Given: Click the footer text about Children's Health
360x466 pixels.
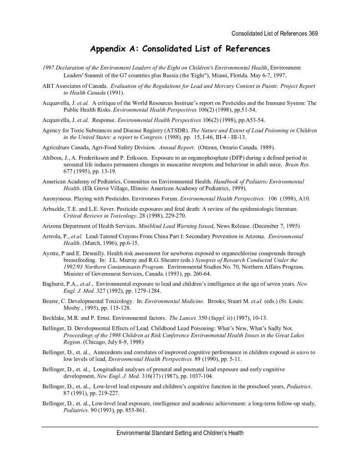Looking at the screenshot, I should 180,433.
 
